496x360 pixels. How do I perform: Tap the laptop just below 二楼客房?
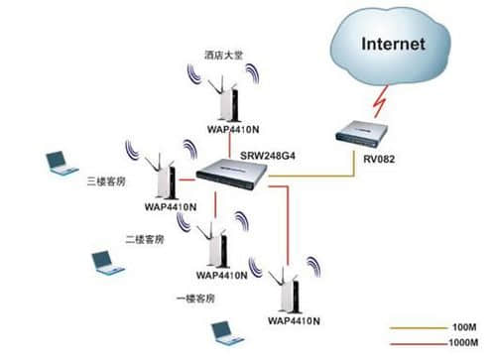click(106, 263)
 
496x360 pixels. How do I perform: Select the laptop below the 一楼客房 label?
click(224, 329)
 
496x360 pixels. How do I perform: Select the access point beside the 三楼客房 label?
click(164, 178)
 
